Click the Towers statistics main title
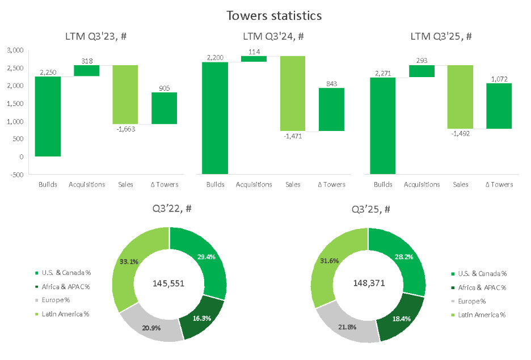[274, 15]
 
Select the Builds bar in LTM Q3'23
[48, 116]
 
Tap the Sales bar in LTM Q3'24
[293, 94]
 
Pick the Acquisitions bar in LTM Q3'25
[422, 71]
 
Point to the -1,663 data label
[125, 129]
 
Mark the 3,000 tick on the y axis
[15, 50]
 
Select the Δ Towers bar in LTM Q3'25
[499, 106]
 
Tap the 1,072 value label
[499, 79]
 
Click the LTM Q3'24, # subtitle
[273, 36]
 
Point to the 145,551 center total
[169, 283]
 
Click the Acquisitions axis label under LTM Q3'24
[254, 184]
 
